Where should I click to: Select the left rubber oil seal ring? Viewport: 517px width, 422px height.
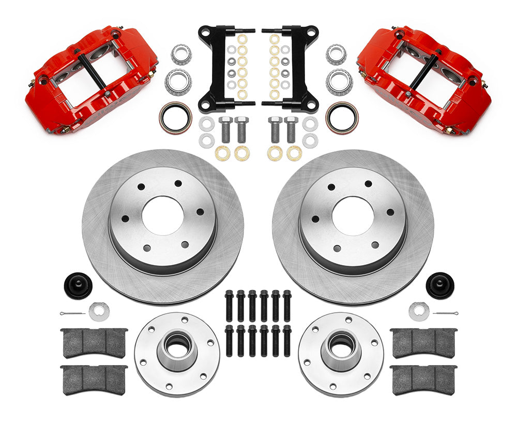175,117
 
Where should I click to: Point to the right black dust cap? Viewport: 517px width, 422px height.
439,285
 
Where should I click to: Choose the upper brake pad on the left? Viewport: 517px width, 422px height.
94,342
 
